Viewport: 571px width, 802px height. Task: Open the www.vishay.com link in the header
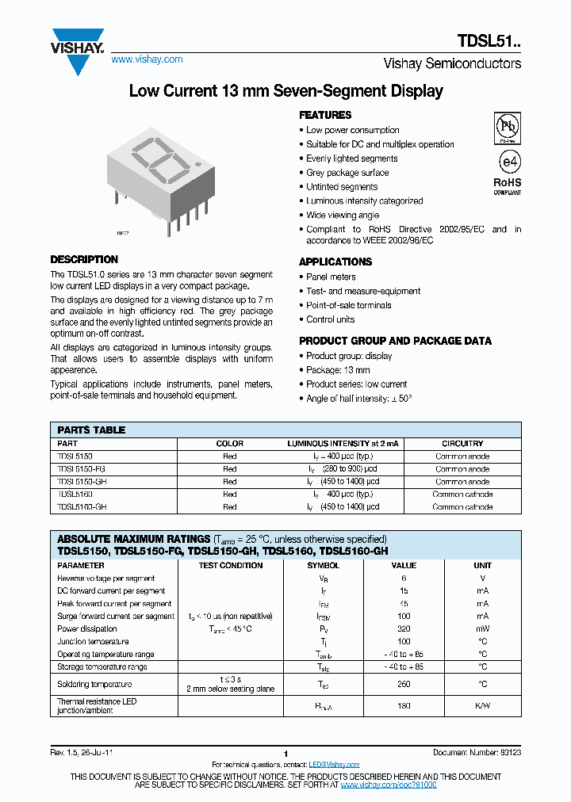147,59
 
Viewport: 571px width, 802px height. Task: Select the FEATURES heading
325,115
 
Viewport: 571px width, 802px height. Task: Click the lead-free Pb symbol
508,127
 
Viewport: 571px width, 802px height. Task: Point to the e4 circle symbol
508,161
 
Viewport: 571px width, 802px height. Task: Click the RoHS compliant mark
508,185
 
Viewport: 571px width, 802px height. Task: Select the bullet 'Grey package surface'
347,173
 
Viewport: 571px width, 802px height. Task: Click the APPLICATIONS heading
335,262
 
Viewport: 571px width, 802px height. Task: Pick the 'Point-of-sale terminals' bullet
349,305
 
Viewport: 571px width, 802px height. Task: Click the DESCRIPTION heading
84,259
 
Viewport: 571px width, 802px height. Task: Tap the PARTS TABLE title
91,430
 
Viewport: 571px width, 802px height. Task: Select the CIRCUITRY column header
462,444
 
